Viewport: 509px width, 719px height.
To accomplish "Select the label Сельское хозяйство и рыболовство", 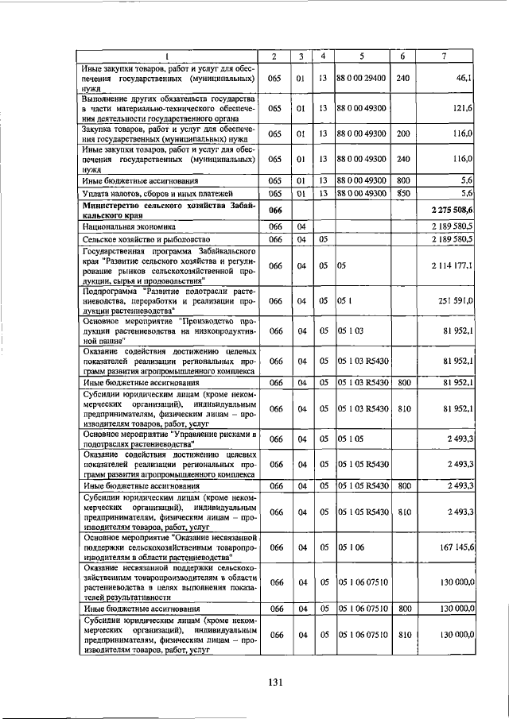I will pyautogui.click(x=134, y=239).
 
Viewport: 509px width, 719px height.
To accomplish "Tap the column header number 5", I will pyautogui.click(x=361, y=56).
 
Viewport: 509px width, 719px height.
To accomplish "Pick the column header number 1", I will pyautogui.click(x=168, y=56).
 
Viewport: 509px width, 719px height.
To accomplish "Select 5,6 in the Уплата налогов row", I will pyautogui.click(x=467, y=193).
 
